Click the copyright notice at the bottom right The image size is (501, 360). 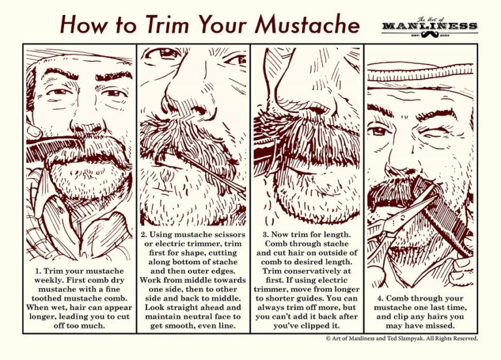(402, 338)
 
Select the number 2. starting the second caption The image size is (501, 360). (145, 234)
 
